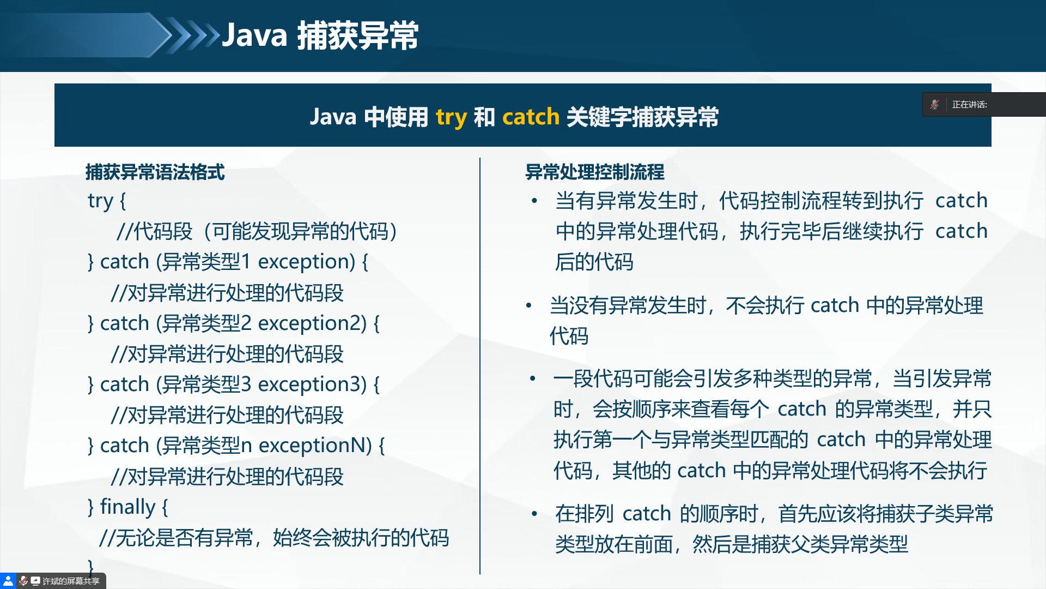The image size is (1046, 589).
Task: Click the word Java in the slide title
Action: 254,35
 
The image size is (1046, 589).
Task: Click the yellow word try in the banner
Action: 451,117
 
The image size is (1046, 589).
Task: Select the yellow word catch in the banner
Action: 531,117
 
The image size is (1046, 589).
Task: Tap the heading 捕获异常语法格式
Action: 155,172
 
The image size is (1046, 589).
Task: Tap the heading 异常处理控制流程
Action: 594,172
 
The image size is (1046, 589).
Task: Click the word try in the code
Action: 100,201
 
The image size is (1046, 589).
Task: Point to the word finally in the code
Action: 127,507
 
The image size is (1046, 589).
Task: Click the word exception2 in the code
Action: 312,323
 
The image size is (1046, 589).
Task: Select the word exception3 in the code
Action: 312,384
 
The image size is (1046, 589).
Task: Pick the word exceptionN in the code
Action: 315,446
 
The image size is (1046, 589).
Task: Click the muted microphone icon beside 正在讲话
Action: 934,104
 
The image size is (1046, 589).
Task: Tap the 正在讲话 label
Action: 969,105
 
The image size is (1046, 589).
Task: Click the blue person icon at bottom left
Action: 8,581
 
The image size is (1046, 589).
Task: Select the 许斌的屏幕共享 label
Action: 71,581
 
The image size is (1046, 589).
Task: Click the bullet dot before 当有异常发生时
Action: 534,201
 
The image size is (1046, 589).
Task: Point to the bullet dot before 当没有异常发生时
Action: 528,305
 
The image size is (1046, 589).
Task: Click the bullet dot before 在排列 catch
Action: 534,514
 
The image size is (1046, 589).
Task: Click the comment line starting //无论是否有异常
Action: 274,538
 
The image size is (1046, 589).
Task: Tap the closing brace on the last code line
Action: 91,566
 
